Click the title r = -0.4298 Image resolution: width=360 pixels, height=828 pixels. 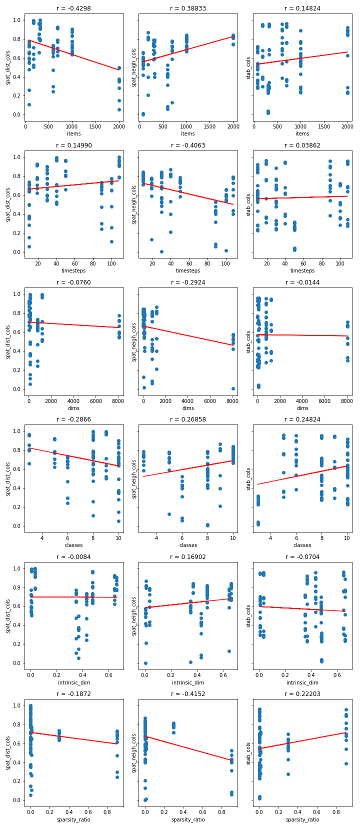pos(73,8)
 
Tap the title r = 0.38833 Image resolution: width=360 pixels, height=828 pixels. pos(188,8)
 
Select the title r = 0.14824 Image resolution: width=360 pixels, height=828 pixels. pos(302,8)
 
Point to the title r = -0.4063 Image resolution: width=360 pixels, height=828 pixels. pos(188,145)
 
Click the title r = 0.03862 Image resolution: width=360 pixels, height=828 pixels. pos(302,145)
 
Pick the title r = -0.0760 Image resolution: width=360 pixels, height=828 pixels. pos(73,282)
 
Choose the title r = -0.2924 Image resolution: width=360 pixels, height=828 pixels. pos(188,282)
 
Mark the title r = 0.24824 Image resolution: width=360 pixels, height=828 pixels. pos(302,419)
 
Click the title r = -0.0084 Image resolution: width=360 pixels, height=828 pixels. pos(73,556)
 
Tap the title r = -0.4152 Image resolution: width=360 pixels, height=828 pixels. pos(188,694)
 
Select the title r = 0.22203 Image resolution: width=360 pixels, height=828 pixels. pos(302,694)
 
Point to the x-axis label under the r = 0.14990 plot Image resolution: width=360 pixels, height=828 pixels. pos(73,270)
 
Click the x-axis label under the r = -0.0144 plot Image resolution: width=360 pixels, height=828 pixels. pos(302,408)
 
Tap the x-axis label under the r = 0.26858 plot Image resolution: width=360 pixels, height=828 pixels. pos(188,545)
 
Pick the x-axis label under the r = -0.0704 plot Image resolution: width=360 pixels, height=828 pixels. pos(302,682)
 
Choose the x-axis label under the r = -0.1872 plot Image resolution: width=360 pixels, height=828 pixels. pos(73,819)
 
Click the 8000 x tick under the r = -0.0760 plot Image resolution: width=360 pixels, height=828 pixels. pos(119,400)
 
